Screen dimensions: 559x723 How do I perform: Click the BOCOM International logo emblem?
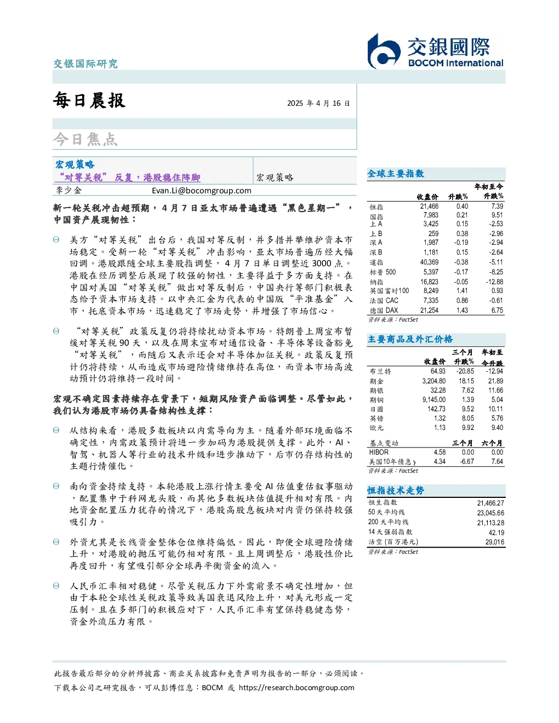(384, 51)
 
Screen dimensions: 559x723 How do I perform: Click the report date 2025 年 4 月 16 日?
(318, 103)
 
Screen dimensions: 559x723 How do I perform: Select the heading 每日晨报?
(89, 100)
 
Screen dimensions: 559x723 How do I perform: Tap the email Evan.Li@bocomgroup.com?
(202, 190)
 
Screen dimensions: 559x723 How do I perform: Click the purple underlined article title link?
(128, 177)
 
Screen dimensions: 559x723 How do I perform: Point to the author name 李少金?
(69, 190)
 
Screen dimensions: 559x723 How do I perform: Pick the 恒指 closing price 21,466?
(429, 206)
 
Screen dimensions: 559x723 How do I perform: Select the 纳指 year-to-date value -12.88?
(494, 282)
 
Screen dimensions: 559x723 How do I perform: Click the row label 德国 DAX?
(384, 310)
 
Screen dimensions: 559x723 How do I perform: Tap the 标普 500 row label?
(383, 272)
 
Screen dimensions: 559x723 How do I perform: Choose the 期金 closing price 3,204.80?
(434, 381)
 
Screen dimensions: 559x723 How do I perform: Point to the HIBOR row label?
(379, 452)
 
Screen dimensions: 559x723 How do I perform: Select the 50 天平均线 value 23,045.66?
(490, 513)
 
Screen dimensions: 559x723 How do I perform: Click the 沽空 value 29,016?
(495, 542)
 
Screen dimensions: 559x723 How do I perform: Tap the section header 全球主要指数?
(396, 173)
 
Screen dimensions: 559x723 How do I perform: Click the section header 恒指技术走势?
(396, 490)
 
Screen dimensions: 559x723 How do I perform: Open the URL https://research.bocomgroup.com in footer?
(296, 687)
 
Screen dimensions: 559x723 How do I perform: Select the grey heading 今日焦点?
(85, 139)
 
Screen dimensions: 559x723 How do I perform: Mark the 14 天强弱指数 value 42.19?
(496, 532)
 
